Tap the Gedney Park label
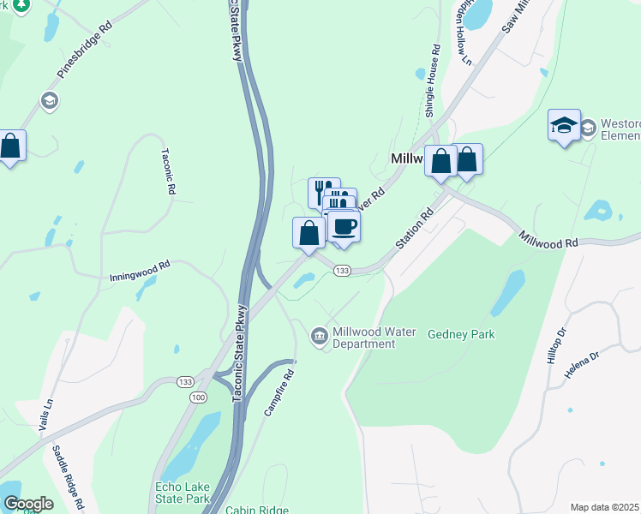[461, 334]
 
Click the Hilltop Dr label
[557, 345]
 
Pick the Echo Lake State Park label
[182, 493]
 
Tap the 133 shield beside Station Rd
[343, 271]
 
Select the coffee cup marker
[344, 227]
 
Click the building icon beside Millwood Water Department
[320, 334]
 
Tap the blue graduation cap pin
[565, 126]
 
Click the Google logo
[28, 504]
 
